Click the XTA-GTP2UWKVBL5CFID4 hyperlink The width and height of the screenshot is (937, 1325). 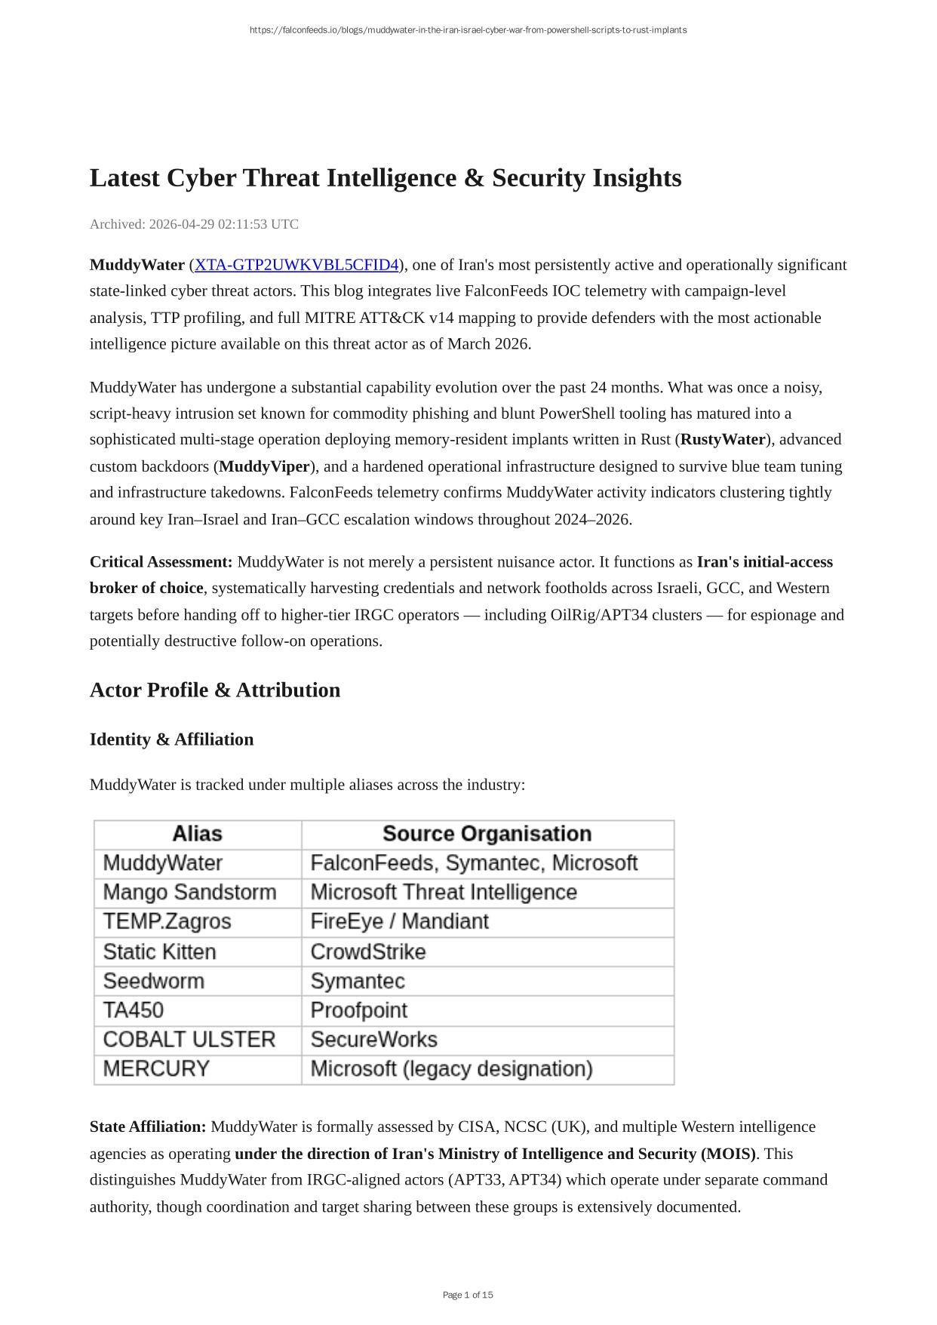(x=296, y=265)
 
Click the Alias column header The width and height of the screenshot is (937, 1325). (x=197, y=834)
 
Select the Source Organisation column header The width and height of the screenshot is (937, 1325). (x=487, y=834)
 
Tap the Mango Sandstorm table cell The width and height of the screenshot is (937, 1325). (x=189, y=893)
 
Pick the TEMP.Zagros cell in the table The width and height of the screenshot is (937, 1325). (x=167, y=922)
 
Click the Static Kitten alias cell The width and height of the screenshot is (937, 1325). (x=159, y=952)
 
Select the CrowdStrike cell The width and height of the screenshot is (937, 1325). (x=368, y=952)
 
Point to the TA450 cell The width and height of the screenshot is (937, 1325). (x=134, y=1010)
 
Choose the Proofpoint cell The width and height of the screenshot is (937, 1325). (x=358, y=1010)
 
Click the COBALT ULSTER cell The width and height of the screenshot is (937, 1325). (x=189, y=1040)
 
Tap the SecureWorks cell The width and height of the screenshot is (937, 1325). (x=373, y=1040)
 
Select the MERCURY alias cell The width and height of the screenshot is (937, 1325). (x=156, y=1069)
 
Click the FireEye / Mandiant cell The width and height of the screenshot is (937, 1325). (x=399, y=922)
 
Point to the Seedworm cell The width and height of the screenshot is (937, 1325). (x=153, y=981)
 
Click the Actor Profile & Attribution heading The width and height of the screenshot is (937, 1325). (x=215, y=690)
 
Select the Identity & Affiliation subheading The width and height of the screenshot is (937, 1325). (x=171, y=739)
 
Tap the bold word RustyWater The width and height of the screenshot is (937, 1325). (x=723, y=440)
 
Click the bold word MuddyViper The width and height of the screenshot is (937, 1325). (x=264, y=466)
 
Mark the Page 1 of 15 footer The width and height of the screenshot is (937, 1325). (x=468, y=1295)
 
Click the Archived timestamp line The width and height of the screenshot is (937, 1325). (x=194, y=224)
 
